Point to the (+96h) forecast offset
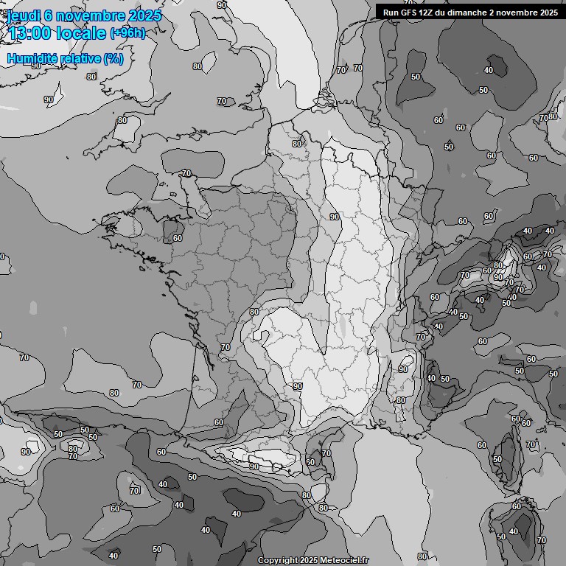click(x=127, y=33)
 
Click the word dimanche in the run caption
click(x=469, y=13)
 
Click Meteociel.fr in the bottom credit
click(x=343, y=560)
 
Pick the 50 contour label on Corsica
click(x=497, y=459)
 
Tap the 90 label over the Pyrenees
click(x=254, y=467)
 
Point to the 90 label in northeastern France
click(x=334, y=217)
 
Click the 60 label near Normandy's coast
click(x=177, y=238)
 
